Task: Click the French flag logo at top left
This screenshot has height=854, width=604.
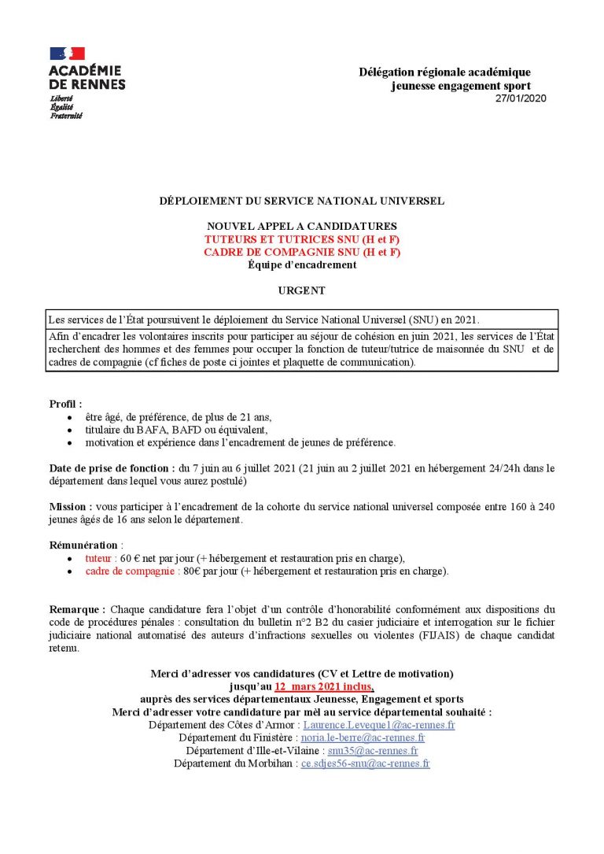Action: pos(67,54)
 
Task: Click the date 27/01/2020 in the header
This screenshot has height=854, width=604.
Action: pos(520,98)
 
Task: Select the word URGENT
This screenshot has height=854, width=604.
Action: pos(301,290)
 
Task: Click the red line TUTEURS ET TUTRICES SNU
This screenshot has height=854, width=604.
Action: pos(302,238)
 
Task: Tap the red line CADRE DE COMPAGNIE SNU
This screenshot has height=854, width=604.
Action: pos(302,252)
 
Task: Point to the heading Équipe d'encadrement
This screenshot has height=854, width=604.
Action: pos(302,264)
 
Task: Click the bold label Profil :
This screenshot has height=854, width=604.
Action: pos(65,404)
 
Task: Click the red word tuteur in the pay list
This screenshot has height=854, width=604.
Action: pos(99,558)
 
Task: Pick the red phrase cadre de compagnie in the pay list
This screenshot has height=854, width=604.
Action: pos(130,571)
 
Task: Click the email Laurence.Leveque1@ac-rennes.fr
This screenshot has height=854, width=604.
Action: pos(379,725)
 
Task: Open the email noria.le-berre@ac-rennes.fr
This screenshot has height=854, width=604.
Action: pos(363,738)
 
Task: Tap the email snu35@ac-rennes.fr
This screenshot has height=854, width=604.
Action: pos(373,751)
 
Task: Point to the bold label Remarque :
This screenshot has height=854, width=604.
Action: pos(77,609)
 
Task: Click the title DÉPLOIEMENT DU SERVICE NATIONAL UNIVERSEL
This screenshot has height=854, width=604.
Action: pos(302,201)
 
